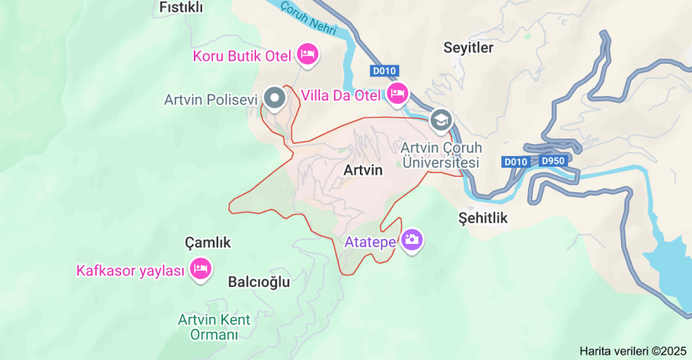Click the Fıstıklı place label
pyautogui.click(x=181, y=8)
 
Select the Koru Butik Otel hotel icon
pyautogui.click(x=308, y=54)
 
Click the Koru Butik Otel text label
pyautogui.click(x=241, y=56)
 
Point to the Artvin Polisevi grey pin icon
pyautogui.click(x=274, y=98)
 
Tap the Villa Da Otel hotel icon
pyautogui.click(x=397, y=94)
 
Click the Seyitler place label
pyautogui.click(x=468, y=48)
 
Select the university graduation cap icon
pyautogui.click(x=441, y=119)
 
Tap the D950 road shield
pyautogui.click(x=552, y=162)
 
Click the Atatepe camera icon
pyautogui.click(x=412, y=239)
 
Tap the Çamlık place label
pyautogui.click(x=208, y=243)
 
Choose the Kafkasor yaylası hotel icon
pyautogui.click(x=201, y=268)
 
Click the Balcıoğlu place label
pyautogui.click(x=259, y=282)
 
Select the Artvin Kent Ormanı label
pyautogui.click(x=208, y=327)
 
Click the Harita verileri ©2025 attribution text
pyautogui.click(x=632, y=351)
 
